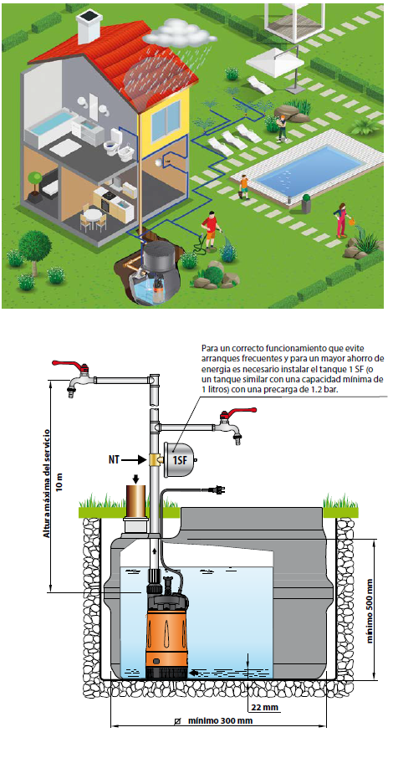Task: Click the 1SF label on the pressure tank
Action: coord(179,459)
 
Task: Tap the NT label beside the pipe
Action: coord(115,459)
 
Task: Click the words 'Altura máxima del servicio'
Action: coord(46,483)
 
